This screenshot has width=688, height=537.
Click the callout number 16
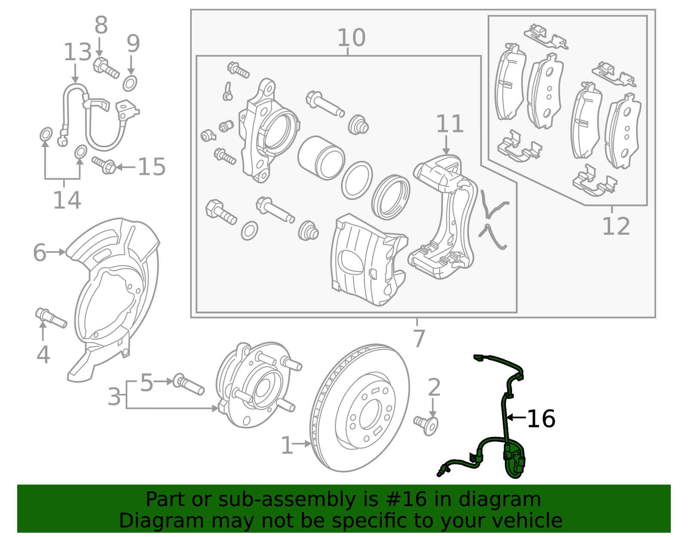pos(541,418)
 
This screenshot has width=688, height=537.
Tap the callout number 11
pos(450,124)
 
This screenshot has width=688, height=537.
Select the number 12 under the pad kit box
pos(616,226)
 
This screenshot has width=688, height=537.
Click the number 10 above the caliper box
pos(351,38)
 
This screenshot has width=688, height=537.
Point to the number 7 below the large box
pos(418,338)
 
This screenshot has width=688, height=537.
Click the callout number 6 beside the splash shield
pos(40,252)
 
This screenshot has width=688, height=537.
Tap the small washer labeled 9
pos(130,83)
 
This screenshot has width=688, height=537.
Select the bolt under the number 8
pos(106,68)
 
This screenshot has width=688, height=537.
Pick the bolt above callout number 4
pos(51,318)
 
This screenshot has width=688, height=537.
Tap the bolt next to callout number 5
pos(188,385)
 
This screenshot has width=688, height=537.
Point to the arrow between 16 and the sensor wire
pos(516,417)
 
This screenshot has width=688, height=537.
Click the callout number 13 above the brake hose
pos(77,52)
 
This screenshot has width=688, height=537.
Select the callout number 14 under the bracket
pos(67,200)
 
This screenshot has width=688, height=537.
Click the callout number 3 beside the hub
pos(114,396)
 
